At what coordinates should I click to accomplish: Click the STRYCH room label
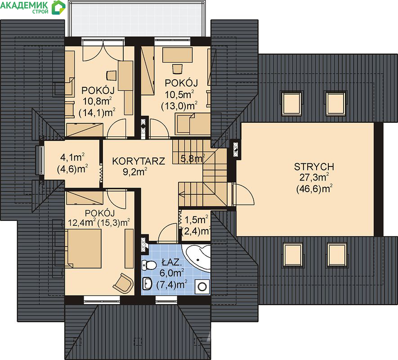314,166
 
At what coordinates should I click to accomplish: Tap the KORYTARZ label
139,161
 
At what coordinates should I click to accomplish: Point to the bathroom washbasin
147,283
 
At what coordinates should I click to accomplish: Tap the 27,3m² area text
314,177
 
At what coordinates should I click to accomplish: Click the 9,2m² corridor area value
135,171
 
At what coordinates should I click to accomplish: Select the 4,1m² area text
72,157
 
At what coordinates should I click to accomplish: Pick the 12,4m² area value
82,223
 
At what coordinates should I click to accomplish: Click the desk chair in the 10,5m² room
178,68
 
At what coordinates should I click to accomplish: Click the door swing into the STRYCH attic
243,193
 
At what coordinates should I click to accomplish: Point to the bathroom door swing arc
167,232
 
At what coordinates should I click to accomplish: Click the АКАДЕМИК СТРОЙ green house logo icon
58,7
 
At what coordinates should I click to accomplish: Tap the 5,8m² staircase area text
192,159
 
